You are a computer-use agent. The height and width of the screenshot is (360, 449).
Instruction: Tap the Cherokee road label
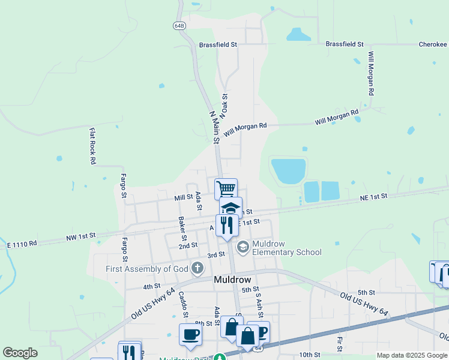pyautogui.click(x=432, y=44)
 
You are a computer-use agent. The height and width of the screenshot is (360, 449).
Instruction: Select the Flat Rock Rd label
pyautogui.click(x=93, y=146)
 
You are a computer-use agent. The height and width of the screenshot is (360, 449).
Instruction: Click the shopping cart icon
pyautogui.click(x=226, y=189)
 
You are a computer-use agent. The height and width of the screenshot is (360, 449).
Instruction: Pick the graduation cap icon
pyautogui.click(x=231, y=208)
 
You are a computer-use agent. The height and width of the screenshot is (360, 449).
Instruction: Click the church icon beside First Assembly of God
pyautogui.click(x=195, y=268)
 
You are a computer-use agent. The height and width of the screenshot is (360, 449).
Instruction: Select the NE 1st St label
pyautogui.click(x=373, y=197)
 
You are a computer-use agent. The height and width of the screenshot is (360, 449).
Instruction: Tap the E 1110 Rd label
pyautogui.click(x=22, y=244)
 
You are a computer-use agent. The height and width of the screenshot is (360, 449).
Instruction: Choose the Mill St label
pyautogui.click(x=183, y=197)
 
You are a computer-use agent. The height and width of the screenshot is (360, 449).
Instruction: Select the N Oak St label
pyautogui.click(x=225, y=105)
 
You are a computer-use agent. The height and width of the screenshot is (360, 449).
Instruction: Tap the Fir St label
pyautogui.click(x=340, y=344)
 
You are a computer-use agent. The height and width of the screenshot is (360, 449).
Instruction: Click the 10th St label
pyautogui.click(x=309, y=355)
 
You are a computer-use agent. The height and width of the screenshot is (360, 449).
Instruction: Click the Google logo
pyautogui.click(x=20, y=353)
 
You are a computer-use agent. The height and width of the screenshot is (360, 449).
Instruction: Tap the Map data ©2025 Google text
pyautogui.click(x=411, y=355)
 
